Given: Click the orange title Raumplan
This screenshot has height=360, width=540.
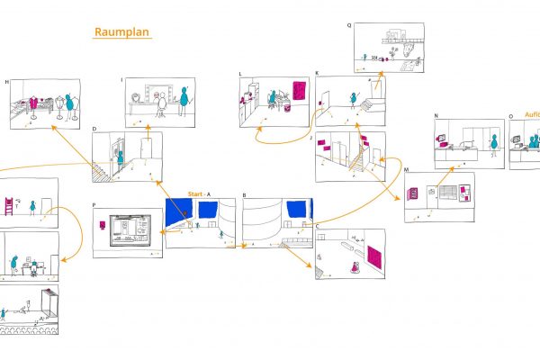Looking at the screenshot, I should pos(123,32).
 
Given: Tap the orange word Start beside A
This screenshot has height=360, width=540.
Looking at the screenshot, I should pos(195,194).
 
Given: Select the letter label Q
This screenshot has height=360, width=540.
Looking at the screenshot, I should pos(350,25).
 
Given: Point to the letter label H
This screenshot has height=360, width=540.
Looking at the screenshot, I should pos(7,83).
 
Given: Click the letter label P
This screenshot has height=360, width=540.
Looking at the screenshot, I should pos(94,205).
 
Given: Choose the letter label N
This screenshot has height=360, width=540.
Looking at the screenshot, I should pos(436,116).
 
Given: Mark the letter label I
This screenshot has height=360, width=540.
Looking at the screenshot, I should pos(121,80).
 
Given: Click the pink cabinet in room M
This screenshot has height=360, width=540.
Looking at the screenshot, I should pos(415,194).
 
